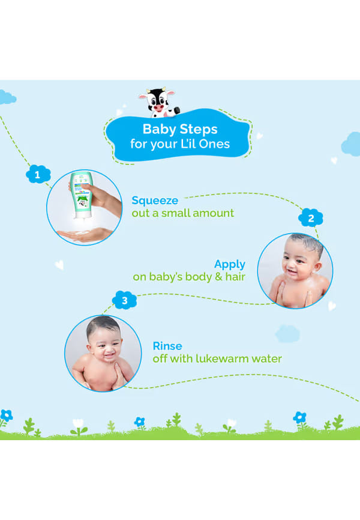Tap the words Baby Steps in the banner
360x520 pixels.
(x=180, y=129)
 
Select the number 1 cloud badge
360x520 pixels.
(x=38, y=174)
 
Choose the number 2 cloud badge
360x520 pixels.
(x=311, y=218)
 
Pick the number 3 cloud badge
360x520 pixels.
(x=124, y=300)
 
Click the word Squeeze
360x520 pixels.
(x=155, y=201)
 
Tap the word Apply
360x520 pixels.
(x=230, y=264)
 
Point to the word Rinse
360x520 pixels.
(x=167, y=346)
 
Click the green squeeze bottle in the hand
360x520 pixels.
(x=82, y=195)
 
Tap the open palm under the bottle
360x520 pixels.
(x=85, y=235)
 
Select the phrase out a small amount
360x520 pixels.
(x=182, y=213)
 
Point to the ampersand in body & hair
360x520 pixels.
(x=218, y=277)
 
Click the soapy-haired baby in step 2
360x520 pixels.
(x=295, y=271)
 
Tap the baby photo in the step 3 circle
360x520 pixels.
(x=103, y=353)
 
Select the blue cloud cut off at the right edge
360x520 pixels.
(x=351, y=144)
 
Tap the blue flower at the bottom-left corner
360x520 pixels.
(x=6, y=415)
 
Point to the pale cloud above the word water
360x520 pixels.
(x=287, y=334)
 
